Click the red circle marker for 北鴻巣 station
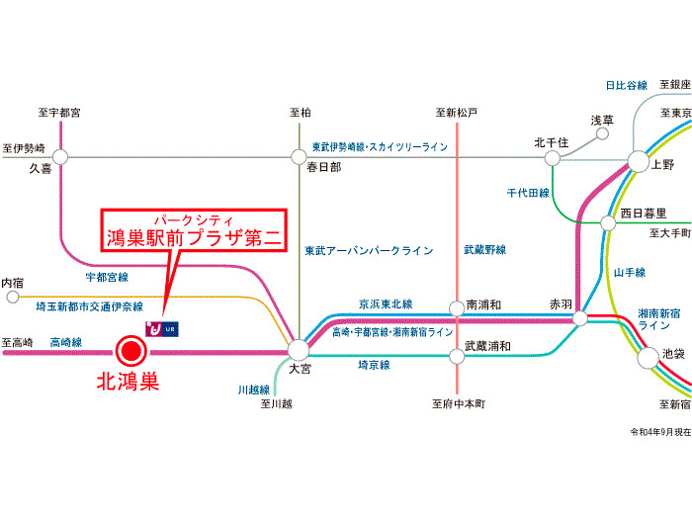pos(129,351)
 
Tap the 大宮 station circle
pos(299,349)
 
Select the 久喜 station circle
pos(61,156)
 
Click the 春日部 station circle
pos(299,156)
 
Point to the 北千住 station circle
pos(552,156)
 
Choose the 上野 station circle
pos(638,162)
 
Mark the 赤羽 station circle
pos(580,318)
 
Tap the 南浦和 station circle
pos(456,307)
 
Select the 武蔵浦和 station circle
pos(456,347)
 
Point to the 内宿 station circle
pos(12,296)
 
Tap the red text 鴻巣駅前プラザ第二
pos(195,237)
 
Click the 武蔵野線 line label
pos(484,251)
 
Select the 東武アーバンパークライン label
pos(370,251)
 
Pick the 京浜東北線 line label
pos(386,303)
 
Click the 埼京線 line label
pos(374,365)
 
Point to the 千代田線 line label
pos(528,193)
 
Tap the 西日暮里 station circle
pos(608,223)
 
